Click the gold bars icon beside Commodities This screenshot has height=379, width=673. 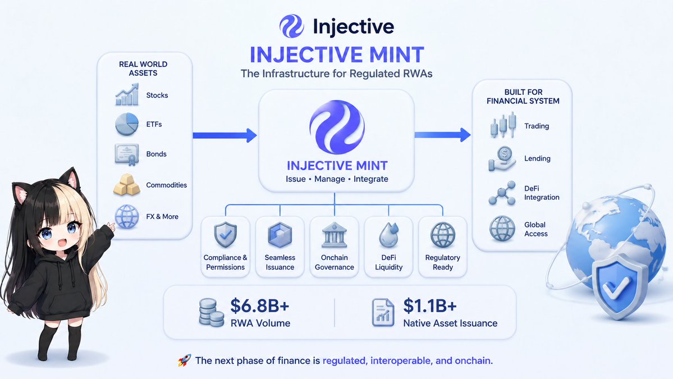pos(127,185)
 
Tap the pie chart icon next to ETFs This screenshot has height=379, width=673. pos(127,125)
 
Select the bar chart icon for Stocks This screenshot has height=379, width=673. pos(127,95)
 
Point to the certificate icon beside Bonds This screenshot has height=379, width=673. pos(127,154)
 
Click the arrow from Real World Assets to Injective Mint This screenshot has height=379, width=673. pos(225,135)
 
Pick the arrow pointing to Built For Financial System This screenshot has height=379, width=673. pos(442,135)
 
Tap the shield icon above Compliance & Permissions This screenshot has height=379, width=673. pos(225,235)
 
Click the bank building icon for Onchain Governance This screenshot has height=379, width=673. pos(335,235)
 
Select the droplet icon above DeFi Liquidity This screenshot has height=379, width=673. pos(389,235)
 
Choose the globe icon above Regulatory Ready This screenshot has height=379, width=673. pos(442,235)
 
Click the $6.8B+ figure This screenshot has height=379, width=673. pos(260,306)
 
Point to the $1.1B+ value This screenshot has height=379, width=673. pos(429,306)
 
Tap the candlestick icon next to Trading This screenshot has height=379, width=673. pos(503,125)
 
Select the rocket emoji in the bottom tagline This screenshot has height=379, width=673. pos(184,360)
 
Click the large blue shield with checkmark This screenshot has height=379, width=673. pos(617,285)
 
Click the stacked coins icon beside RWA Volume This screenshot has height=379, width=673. pos(212,313)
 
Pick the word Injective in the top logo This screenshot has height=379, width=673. pos(353,26)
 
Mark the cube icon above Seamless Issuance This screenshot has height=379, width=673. pos(280,235)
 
